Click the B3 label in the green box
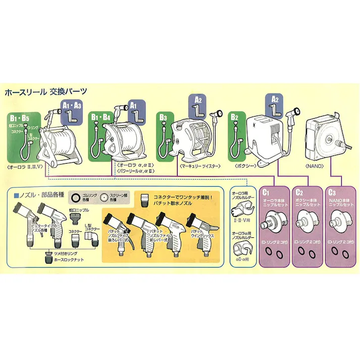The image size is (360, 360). click(163, 117)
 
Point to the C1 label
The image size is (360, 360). click(266, 192)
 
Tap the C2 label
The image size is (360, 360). click(299, 192)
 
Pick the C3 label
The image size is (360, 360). click(332, 192)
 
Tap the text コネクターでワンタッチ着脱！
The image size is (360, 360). click(185, 194)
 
